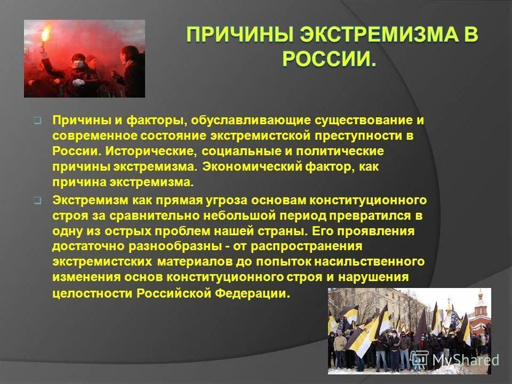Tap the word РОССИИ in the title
(329, 58)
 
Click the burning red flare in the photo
(44, 35)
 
